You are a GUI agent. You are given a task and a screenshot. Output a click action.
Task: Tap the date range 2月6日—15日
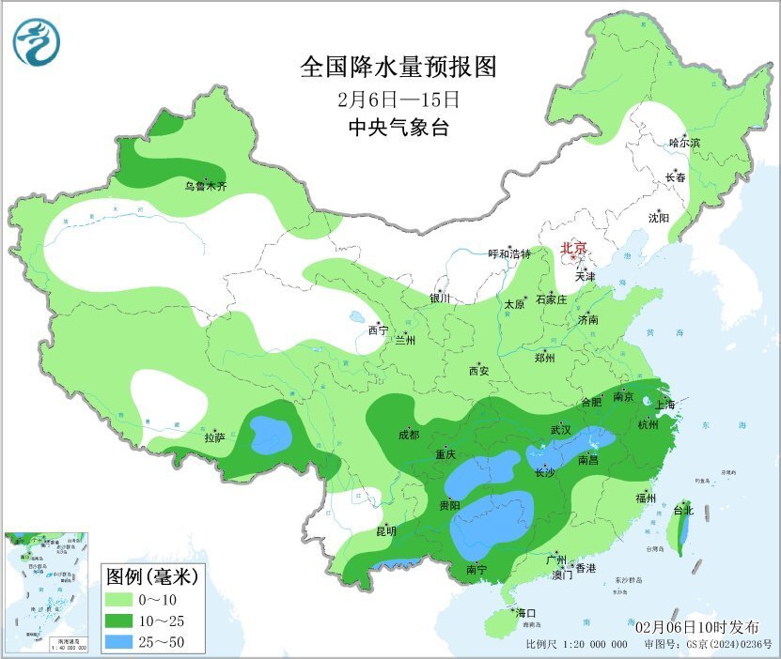(x=398, y=99)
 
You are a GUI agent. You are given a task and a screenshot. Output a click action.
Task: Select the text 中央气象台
(x=398, y=128)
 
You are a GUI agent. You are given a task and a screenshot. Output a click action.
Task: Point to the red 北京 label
(x=573, y=248)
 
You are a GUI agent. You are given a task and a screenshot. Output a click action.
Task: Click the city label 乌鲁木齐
(x=205, y=187)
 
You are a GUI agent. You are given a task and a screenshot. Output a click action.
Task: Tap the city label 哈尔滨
(x=684, y=143)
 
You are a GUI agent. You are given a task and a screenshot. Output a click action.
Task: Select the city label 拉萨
(x=214, y=437)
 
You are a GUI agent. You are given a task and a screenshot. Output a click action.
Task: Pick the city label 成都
(x=409, y=434)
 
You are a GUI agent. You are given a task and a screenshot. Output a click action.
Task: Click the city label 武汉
(x=561, y=429)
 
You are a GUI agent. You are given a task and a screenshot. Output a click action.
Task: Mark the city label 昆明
(x=386, y=530)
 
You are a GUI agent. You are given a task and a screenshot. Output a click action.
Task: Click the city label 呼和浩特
(x=509, y=254)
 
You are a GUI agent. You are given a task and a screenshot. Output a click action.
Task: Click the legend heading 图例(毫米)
(x=150, y=575)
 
